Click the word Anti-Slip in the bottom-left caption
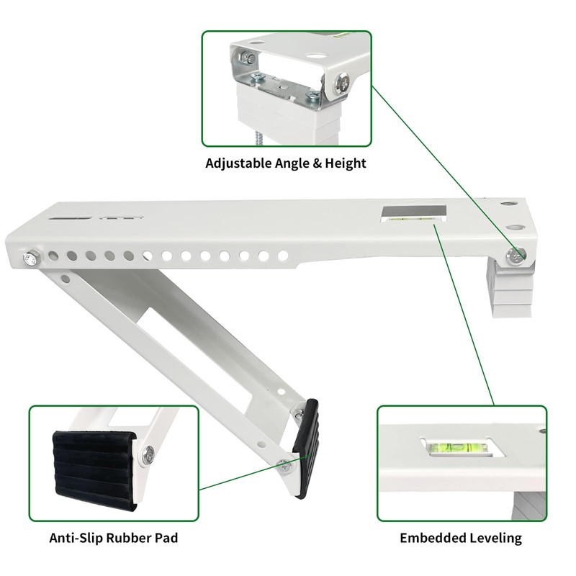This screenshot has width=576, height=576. click(x=76, y=538)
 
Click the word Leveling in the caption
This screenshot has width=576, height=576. click(x=492, y=538)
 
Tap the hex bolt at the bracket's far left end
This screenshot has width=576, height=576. click(x=32, y=256)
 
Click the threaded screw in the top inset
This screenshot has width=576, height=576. click(x=257, y=137)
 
